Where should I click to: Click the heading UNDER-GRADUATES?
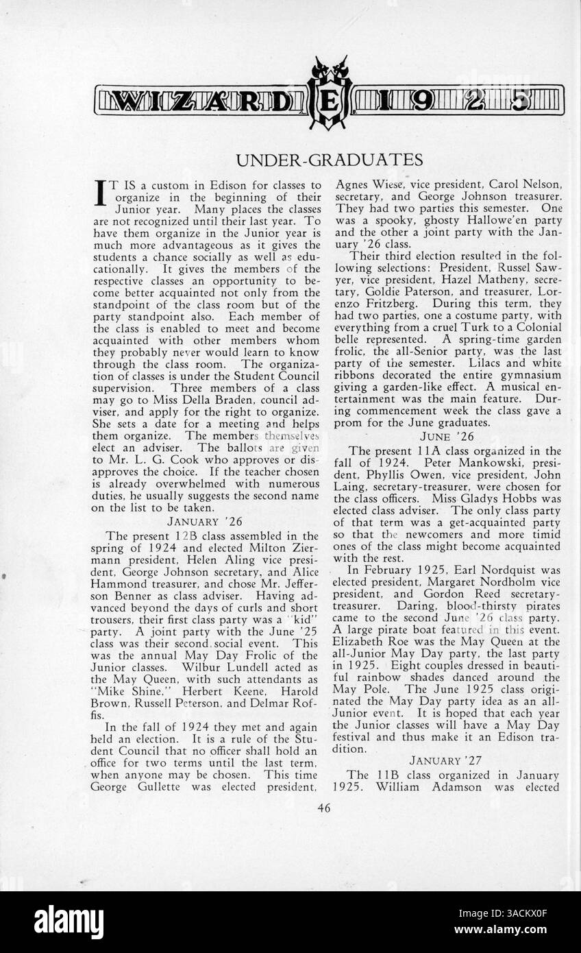[329, 160]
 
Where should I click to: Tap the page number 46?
[324, 808]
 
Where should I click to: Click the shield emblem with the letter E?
[330, 101]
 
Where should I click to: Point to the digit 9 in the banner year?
[423, 101]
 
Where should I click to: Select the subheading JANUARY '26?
[205, 521]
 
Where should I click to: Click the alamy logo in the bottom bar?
[69, 922]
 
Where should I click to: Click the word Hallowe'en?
[489, 220]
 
